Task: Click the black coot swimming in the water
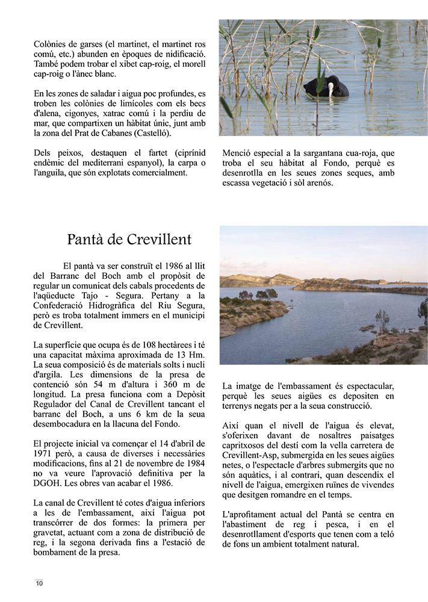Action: (326, 87)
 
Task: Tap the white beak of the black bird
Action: (330, 91)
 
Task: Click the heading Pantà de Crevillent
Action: (129, 240)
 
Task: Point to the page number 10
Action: (39, 583)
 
